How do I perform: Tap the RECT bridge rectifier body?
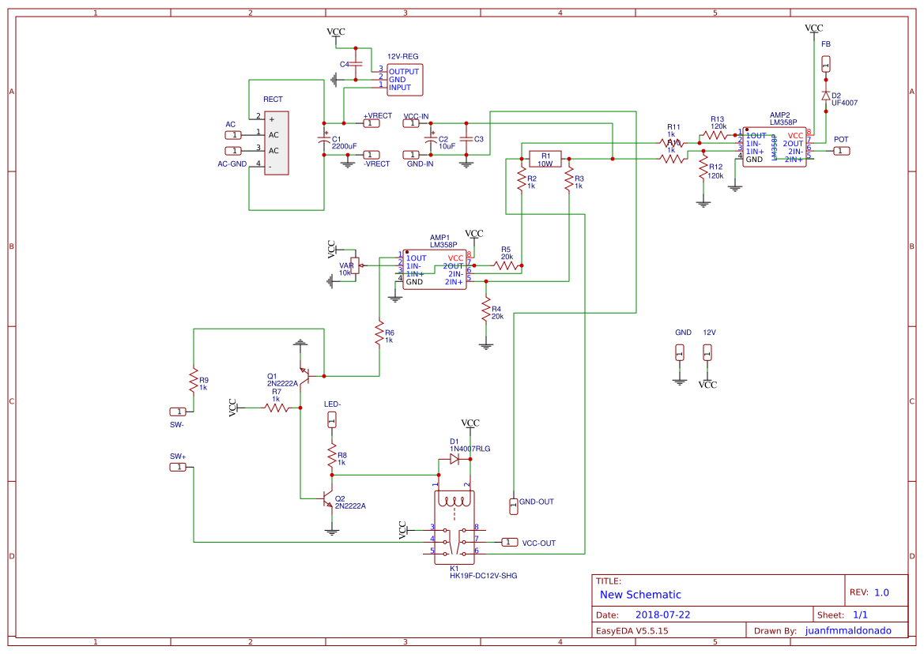276,143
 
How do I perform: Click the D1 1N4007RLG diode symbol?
454,458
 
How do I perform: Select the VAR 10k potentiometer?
355,266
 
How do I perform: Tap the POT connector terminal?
841,151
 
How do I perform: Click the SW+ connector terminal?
179,468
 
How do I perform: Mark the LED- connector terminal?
332,419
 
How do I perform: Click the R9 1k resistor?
192,381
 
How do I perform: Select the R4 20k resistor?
485,311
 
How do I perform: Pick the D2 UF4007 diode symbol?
826,96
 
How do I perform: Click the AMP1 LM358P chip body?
435,270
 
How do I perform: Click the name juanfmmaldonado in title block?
847,631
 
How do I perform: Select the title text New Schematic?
640,595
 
